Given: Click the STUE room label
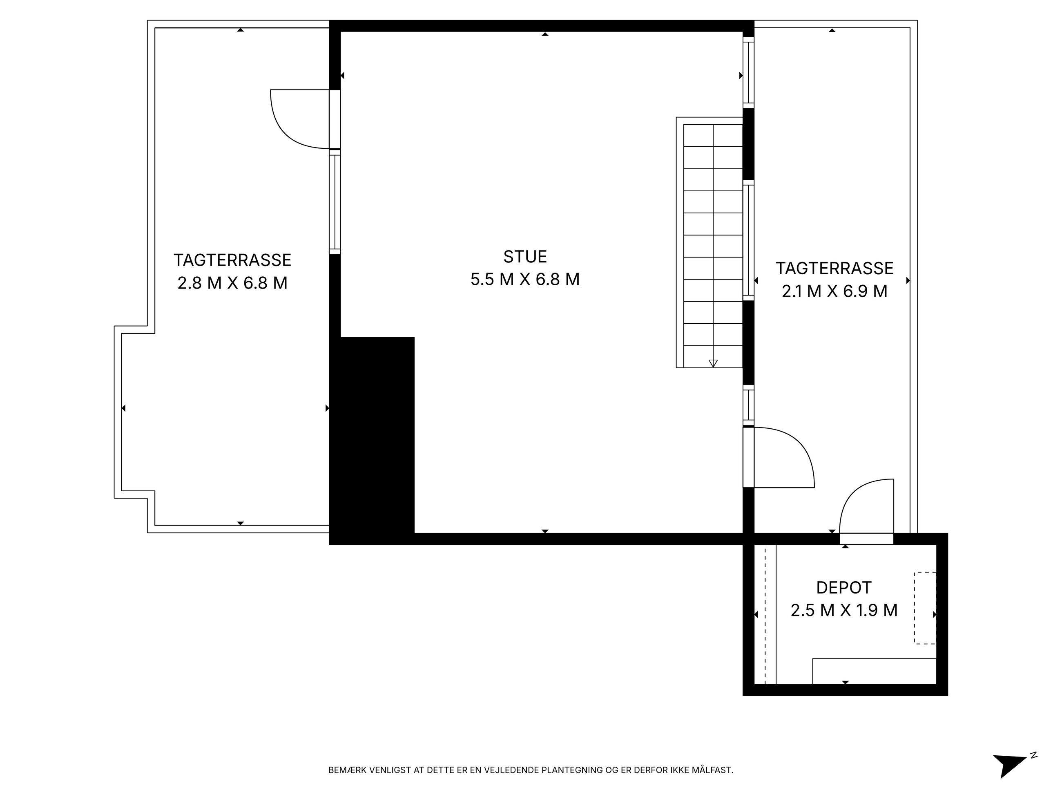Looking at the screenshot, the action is pos(525,257).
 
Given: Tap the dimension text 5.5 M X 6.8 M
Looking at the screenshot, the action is pos(525,279).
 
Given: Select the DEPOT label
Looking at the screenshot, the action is pos(844,588).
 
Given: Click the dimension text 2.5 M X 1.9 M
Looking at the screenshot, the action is pos(844,610).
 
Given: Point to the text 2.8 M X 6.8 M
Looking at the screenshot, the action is pos(232,283).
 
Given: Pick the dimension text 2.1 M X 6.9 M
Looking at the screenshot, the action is pos(834,291).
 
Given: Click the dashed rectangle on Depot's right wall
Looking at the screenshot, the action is pos(925,608).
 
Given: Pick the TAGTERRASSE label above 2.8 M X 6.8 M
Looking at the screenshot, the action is pos(232,260).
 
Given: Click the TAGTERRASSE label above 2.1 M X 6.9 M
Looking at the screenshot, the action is pos(834,269).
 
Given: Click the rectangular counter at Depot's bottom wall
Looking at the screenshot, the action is pos(874,671).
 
